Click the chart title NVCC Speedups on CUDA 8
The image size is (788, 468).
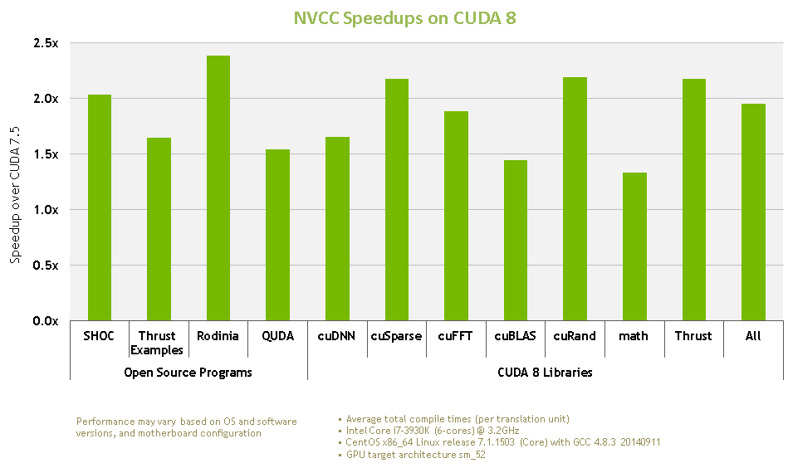click(405, 18)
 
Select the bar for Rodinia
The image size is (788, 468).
click(218, 188)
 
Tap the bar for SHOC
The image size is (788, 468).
click(100, 207)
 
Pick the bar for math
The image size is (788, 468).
click(634, 246)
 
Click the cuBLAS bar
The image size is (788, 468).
click(516, 240)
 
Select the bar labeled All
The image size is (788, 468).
click(753, 212)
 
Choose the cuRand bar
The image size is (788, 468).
click(575, 198)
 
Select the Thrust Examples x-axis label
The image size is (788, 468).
click(157, 343)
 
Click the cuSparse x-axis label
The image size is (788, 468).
click(397, 336)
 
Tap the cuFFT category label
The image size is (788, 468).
click(456, 336)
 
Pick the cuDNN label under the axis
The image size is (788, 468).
click(337, 336)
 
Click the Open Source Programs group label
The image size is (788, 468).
click(188, 373)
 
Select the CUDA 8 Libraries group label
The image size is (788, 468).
click(545, 373)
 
